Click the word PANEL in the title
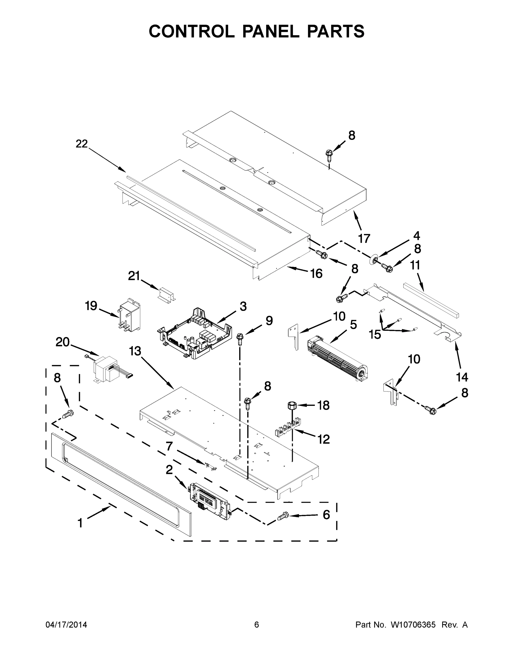click(270, 31)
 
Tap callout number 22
click(82, 144)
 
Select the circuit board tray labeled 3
click(194, 333)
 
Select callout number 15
click(375, 334)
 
